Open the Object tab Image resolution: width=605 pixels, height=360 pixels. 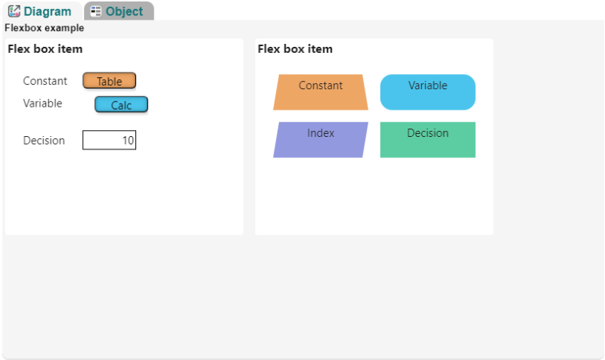click(x=119, y=11)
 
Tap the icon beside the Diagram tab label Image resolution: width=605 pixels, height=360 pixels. click(x=14, y=11)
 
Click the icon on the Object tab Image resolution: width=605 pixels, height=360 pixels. click(x=96, y=11)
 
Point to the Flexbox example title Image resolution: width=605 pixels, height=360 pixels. click(x=45, y=28)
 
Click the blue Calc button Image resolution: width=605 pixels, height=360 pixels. click(x=121, y=104)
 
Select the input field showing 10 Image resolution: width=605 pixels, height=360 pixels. click(x=109, y=140)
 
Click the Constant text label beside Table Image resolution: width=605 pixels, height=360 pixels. click(x=45, y=81)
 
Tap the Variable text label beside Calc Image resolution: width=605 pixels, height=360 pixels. click(x=42, y=104)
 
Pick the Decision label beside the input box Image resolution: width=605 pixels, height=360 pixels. click(x=44, y=141)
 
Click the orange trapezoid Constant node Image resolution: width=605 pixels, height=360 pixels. click(x=321, y=92)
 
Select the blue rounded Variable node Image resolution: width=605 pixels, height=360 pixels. click(x=428, y=92)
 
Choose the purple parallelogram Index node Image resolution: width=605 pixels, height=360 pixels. click(x=321, y=140)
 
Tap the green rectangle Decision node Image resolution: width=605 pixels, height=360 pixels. click(x=428, y=140)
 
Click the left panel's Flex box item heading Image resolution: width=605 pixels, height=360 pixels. click(x=45, y=49)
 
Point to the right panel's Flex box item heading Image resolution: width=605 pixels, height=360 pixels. click(x=295, y=49)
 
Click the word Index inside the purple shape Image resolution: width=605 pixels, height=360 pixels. click(x=321, y=133)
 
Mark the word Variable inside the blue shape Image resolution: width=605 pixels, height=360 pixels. click(x=428, y=85)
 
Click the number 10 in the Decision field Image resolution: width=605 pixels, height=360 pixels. click(x=128, y=141)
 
